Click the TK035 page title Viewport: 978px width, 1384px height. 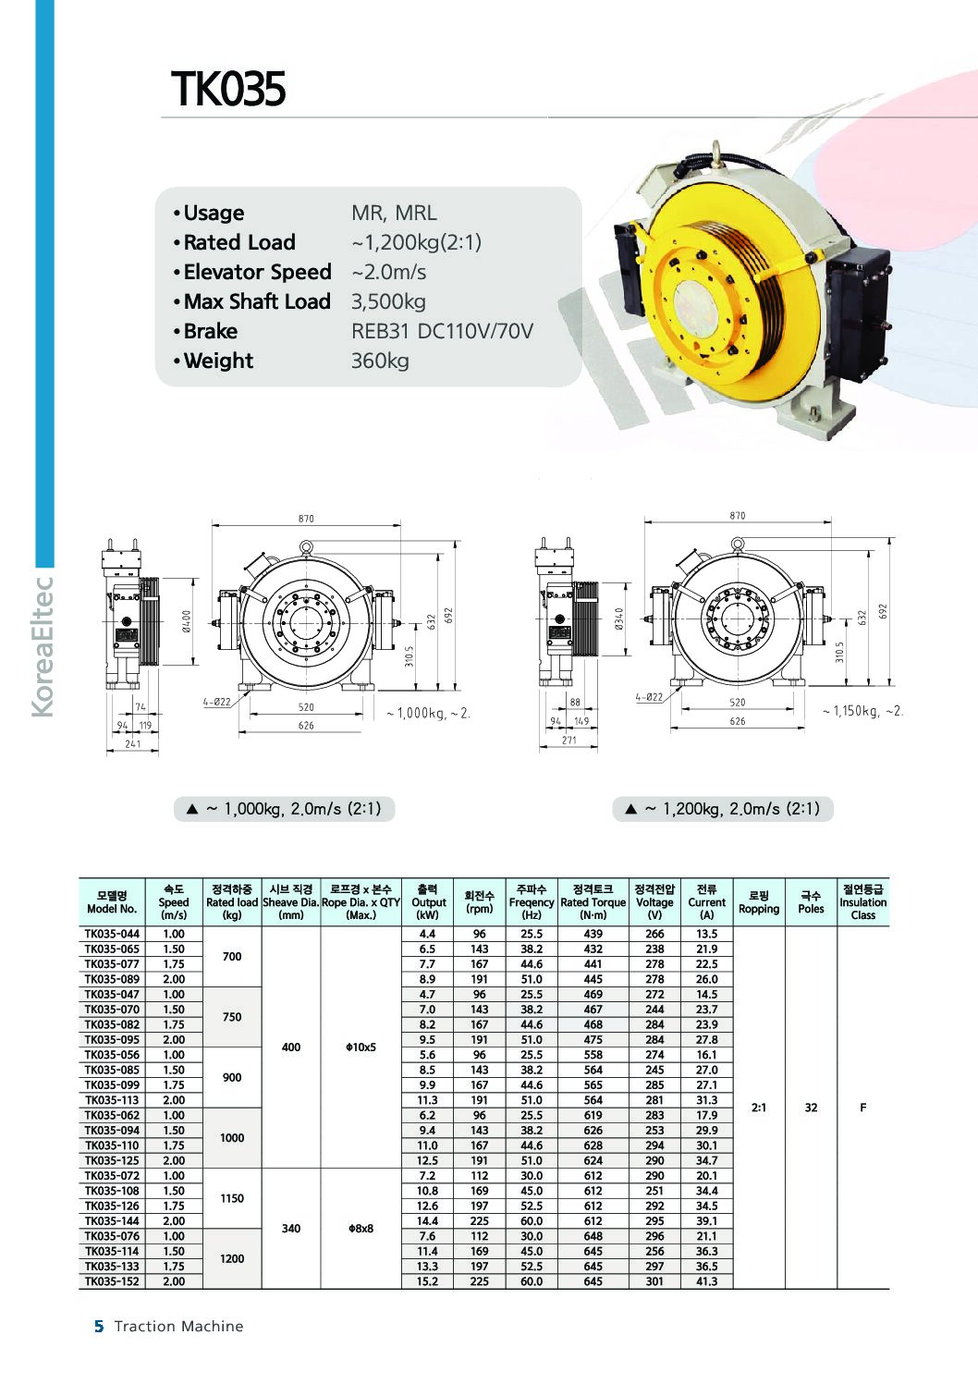point(228,90)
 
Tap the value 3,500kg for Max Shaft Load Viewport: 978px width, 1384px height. point(388,301)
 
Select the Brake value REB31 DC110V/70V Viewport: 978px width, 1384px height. point(442,331)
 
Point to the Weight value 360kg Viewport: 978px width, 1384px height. point(380,361)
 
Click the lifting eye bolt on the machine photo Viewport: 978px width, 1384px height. point(717,152)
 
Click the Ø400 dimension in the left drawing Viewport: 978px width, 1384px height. point(186,621)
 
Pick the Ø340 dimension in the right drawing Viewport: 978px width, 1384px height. point(619,619)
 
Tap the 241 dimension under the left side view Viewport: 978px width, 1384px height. point(133,743)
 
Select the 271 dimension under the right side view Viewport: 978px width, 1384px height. point(568,740)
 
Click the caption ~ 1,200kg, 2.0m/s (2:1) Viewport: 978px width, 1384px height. point(723,809)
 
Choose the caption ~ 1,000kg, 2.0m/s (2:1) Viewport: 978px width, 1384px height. point(285,809)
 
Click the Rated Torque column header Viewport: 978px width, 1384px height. point(593,902)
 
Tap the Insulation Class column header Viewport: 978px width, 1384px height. point(862,902)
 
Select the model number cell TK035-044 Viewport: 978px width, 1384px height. point(112,934)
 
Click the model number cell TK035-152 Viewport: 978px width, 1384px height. point(112,1281)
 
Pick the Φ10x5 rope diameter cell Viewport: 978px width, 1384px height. point(361,1047)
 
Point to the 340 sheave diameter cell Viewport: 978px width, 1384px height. point(291,1229)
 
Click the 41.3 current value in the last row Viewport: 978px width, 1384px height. point(706,1281)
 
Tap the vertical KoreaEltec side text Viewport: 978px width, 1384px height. point(43,647)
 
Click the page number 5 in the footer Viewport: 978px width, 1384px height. point(99,1327)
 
